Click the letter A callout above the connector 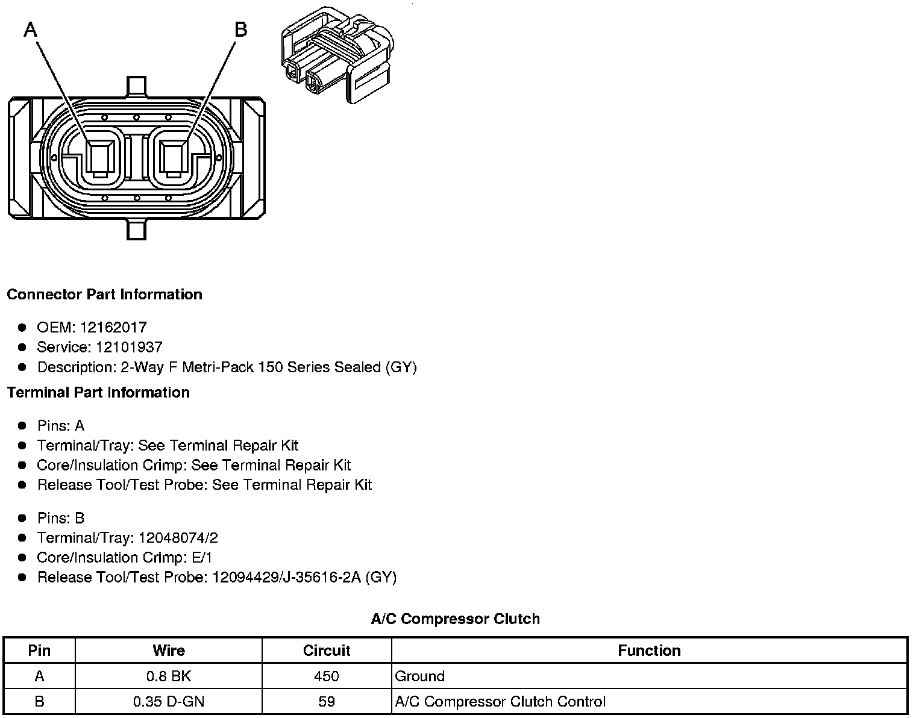click(x=30, y=30)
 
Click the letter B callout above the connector click(x=240, y=30)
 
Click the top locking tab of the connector click(x=136, y=87)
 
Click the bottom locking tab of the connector click(x=136, y=229)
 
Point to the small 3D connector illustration click(x=337, y=55)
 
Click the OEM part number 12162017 click(x=113, y=328)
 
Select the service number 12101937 click(x=129, y=347)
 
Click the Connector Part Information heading click(x=104, y=294)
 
